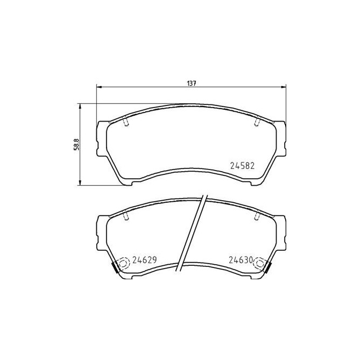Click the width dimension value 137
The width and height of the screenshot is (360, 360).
(x=191, y=83)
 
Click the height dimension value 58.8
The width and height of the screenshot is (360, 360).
(x=77, y=145)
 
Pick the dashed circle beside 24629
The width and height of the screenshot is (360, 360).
(x=123, y=264)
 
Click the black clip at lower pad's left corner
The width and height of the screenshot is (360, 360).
(x=115, y=267)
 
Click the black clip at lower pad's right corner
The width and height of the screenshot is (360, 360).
(x=268, y=267)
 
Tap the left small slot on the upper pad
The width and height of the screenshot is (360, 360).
(x=126, y=123)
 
